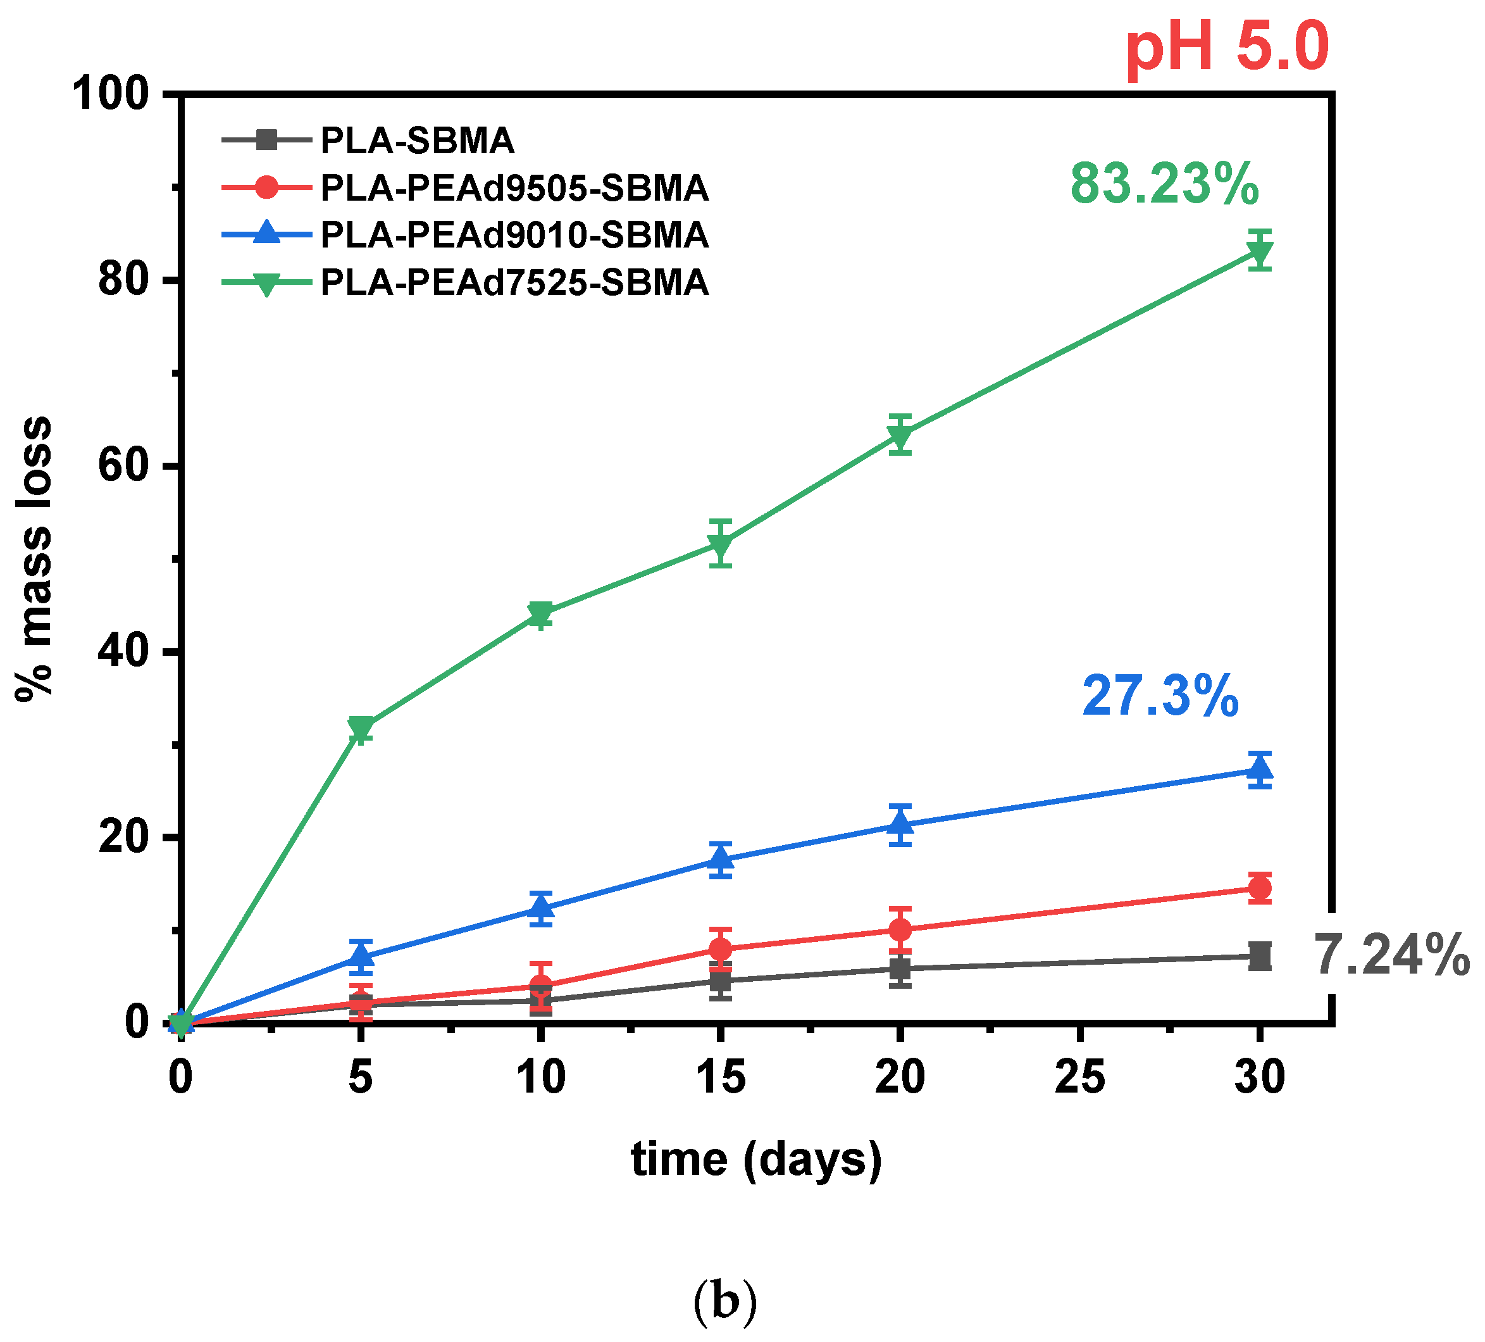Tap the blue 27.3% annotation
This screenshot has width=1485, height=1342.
[1161, 696]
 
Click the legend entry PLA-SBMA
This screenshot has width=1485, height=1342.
[417, 141]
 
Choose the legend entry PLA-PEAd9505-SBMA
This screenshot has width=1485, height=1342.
[514, 189]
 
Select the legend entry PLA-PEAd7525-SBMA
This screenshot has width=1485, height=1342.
[514, 283]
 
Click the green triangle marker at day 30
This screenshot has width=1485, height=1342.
[1260, 253]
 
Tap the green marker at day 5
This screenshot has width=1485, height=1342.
[360, 728]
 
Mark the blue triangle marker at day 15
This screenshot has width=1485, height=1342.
[721, 859]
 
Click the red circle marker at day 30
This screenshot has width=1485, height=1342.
[1260, 888]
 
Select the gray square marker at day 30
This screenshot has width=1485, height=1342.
[1260, 956]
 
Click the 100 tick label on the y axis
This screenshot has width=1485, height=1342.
[111, 95]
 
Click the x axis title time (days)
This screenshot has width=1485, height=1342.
[757, 1160]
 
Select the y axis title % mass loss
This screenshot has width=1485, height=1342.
[35, 558]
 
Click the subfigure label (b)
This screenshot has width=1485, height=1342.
[725, 1301]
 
